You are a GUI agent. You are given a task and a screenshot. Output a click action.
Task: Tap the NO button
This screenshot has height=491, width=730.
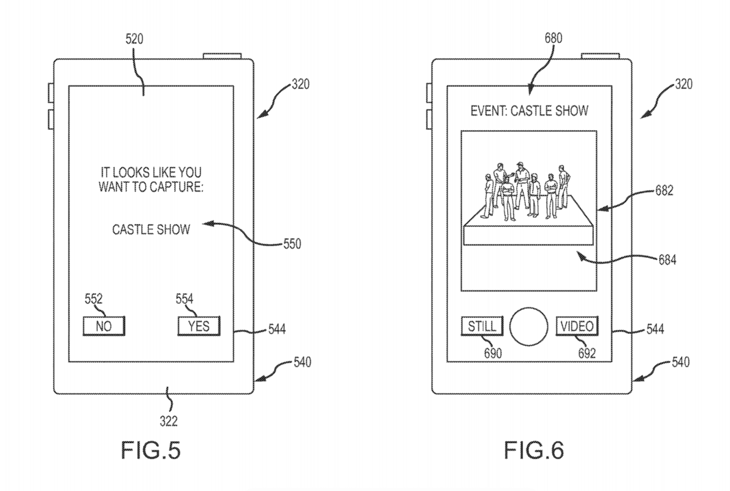pyautogui.click(x=104, y=326)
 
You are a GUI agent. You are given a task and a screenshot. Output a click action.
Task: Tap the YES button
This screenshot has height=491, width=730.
pyautogui.click(x=199, y=326)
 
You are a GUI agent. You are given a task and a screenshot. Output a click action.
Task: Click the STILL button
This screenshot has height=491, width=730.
pyautogui.click(x=481, y=326)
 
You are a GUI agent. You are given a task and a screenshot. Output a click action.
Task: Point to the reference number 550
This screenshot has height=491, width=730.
pyautogui.click(x=291, y=244)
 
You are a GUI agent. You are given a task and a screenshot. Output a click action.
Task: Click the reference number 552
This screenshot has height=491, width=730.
pyautogui.click(x=93, y=300)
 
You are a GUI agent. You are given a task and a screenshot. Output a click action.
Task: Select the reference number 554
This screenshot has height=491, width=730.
pyautogui.click(x=184, y=300)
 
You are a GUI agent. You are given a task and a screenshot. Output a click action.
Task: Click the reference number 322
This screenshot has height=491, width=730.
pyautogui.click(x=169, y=421)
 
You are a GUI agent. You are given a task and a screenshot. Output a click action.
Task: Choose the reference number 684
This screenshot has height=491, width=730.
pyautogui.click(x=666, y=260)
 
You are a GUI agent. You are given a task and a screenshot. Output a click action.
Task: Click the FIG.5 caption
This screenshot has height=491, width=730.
pyautogui.click(x=143, y=451)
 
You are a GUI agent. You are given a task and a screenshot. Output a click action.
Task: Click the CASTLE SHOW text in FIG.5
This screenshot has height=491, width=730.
pyautogui.click(x=151, y=230)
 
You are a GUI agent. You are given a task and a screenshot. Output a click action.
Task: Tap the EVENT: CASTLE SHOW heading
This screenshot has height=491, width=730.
pyautogui.click(x=530, y=111)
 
